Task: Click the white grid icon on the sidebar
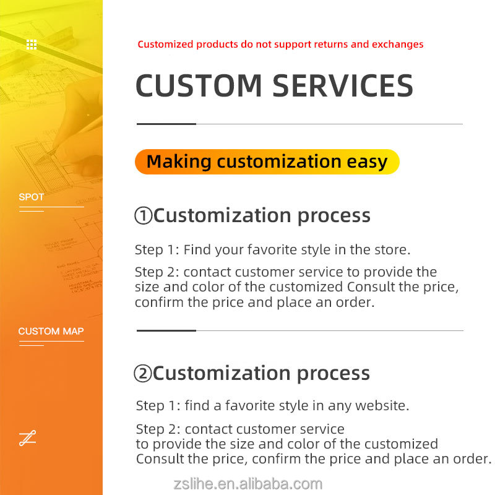[32, 45]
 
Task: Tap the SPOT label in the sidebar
[32, 197]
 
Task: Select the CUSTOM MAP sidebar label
[51, 331]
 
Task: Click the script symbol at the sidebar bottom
[27, 438]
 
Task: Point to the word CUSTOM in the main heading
[199, 85]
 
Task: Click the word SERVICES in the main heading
[343, 85]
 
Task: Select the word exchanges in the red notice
[398, 44]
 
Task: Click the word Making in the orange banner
[179, 161]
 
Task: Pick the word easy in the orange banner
[367, 162]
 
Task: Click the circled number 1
[144, 215]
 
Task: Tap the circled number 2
[143, 374]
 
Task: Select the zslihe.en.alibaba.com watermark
[248, 484]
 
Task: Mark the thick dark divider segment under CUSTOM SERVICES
[166, 124]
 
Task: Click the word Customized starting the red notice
[165, 44]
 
